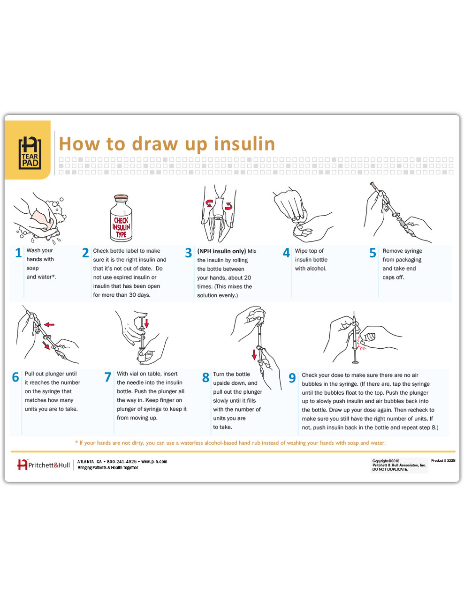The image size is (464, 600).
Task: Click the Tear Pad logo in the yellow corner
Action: point(30,153)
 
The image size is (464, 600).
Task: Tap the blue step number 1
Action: point(18,253)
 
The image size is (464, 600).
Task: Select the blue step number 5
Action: point(373,253)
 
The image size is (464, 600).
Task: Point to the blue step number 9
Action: point(292,378)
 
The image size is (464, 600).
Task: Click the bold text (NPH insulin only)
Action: point(221,251)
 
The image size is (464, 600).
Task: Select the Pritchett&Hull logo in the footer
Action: point(43,465)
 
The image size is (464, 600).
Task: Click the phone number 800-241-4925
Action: point(122,462)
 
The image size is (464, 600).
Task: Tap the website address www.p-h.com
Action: point(154,462)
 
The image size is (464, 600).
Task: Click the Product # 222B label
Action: point(443,461)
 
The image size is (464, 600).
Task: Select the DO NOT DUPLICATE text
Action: point(390,469)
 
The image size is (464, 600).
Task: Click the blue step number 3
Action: point(188,253)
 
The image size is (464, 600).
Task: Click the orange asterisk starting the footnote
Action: point(76,442)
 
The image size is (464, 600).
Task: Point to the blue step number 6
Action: point(15,377)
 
